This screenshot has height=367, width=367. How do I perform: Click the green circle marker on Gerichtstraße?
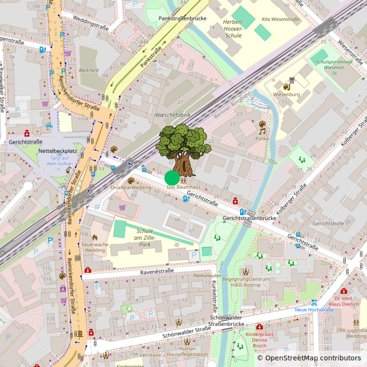[x=172, y=178]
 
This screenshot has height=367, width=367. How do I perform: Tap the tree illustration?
[x=183, y=150]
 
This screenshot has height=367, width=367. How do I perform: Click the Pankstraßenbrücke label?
[x=182, y=18]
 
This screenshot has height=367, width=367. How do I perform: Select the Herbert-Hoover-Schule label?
[x=233, y=29]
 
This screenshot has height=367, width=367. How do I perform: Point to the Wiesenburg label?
[x=286, y=94]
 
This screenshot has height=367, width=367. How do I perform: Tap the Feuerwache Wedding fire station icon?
[x=95, y=237]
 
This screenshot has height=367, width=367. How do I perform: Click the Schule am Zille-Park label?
[x=144, y=238]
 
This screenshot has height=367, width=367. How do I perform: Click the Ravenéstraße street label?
[x=157, y=272]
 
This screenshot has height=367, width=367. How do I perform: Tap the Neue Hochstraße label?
[x=314, y=310]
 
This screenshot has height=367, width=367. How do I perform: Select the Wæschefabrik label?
[x=173, y=115]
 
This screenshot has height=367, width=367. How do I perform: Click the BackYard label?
[x=89, y=70]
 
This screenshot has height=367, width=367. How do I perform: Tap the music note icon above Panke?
[x=262, y=131]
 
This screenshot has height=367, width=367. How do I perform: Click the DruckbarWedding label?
[x=131, y=188]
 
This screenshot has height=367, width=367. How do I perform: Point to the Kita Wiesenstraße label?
[x=281, y=19]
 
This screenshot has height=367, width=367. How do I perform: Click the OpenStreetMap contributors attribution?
[x=309, y=358]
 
